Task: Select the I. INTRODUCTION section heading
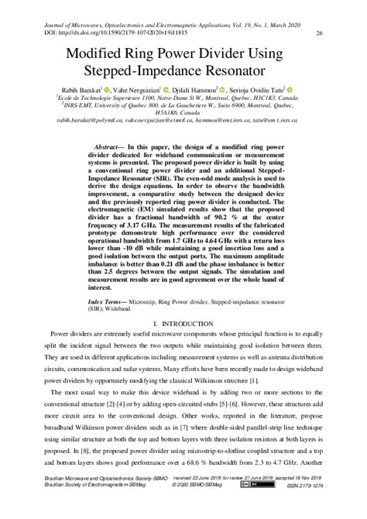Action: point(183,363)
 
